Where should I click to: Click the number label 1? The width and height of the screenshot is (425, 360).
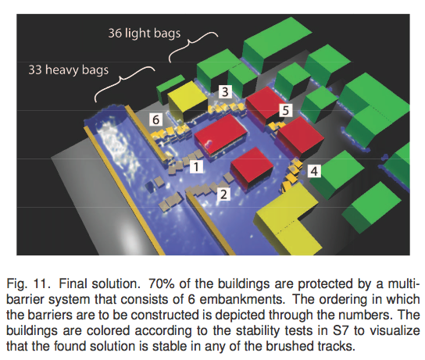click(196, 166)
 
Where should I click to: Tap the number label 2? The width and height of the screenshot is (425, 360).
click(223, 194)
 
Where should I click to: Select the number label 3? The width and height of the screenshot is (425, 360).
click(225, 91)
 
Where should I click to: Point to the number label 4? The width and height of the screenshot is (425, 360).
click(314, 171)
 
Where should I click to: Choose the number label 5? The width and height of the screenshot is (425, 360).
click(286, 110)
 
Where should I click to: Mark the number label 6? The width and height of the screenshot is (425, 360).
click(155, 119)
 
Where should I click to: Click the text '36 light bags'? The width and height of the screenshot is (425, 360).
click(145, 34)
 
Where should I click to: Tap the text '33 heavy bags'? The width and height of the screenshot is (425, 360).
click(69, 70)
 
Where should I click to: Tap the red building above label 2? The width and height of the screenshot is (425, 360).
click(252, 168)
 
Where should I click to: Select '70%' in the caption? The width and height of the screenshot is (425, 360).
click(161, 284)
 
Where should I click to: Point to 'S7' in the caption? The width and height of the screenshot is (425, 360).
click(340, 330)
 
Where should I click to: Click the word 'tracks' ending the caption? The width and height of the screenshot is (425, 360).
click(335, 346)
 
